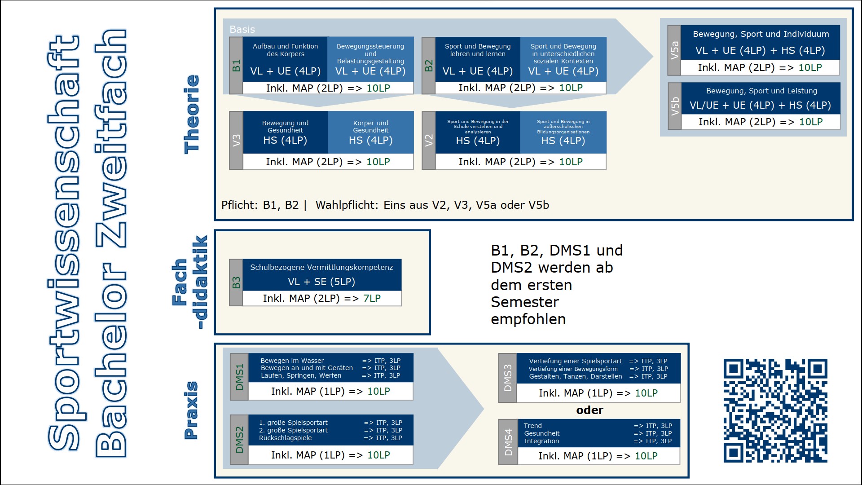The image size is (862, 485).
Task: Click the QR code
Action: [775, 410]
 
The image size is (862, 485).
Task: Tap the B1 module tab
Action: [236, 66]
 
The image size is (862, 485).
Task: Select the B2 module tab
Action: [429, 66]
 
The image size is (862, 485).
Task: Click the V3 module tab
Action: [236, 140]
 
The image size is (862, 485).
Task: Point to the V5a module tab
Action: [674, 50]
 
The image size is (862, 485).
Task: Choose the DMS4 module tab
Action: [508, 442]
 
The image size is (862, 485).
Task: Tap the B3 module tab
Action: [236, 282]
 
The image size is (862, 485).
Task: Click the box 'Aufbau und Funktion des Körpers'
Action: [285, 50]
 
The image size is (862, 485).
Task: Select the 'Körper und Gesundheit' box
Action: [370, 127]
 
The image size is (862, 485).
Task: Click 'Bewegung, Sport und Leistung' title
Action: [761, 91]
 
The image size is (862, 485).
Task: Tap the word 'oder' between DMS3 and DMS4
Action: [589, 410]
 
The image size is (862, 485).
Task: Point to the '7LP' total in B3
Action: [372, 299]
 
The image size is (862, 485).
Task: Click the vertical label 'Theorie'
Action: [192, 115]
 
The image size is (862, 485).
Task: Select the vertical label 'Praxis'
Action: [191, 410]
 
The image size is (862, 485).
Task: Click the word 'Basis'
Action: [242, 30]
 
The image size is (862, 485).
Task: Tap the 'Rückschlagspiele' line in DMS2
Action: [285, 438]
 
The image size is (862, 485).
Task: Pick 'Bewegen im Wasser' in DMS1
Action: [292, 361]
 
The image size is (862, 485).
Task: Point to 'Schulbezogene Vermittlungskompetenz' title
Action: [321, 267]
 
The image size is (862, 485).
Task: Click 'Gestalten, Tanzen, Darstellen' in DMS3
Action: [575, 376]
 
